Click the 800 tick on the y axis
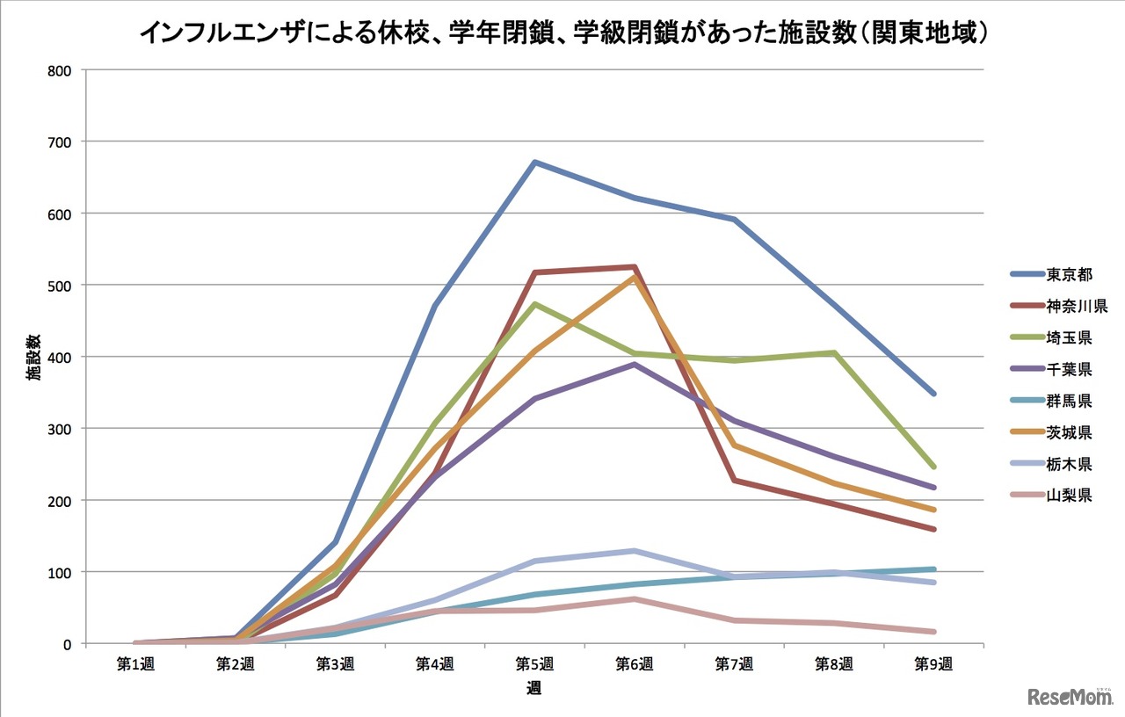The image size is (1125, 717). click(x=60, y=69)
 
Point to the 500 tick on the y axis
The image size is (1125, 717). click(x=60, y=285)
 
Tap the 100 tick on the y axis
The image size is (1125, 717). click(x=60, y=572)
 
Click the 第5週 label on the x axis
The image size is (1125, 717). click(x=533, y=664)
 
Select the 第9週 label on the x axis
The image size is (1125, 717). click(x=933, y=664)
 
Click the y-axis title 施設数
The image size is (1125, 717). click(x=33, y=357)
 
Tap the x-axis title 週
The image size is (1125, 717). click(x=533, y=689)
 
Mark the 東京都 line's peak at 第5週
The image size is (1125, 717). click(x=533, y=162)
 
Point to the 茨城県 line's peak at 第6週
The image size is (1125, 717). click(x=634, y=277)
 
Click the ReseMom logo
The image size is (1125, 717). click(x=1070, y=696)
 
